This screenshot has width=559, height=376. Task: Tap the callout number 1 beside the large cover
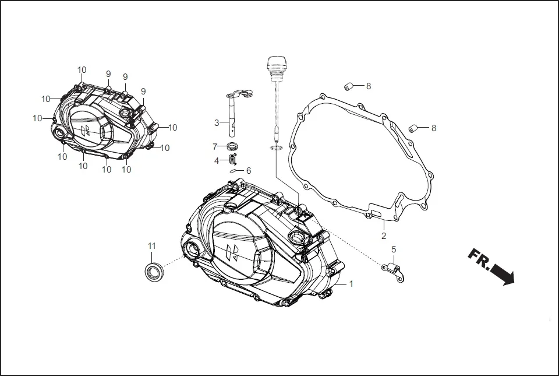point(351,284)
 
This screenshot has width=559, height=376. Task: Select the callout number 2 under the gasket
point(384,236)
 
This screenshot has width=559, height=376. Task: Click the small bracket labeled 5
point(394,269)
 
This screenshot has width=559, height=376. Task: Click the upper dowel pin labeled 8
point(349,86)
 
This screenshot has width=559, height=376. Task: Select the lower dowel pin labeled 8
point(415,128)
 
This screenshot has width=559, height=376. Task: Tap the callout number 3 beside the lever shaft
point(217,122)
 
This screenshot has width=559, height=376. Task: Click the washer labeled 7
point(231,146)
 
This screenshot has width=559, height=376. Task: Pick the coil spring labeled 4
point(233,159)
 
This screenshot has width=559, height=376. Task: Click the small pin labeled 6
point(233,171)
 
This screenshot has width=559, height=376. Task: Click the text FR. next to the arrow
point(479,258)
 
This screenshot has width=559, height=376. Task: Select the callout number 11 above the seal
point(152,246)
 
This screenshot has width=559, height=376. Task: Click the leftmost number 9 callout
point(108,74)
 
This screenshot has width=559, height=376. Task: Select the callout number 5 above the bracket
point(394,250)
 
